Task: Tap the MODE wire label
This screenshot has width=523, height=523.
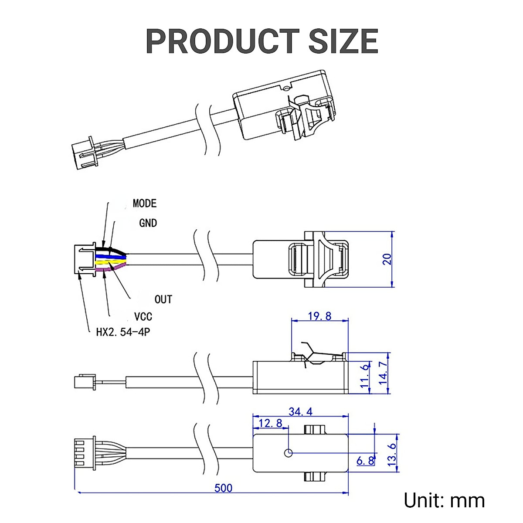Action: tap(144, 204)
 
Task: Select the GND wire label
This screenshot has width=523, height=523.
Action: tap(148, 223)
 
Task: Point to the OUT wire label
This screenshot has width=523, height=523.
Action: tap(163, 299)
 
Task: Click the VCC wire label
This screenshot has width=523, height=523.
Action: tap(143, 317)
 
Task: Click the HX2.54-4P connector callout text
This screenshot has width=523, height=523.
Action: tap(123, 332)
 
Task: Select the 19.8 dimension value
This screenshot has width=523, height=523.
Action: tap(319, 316)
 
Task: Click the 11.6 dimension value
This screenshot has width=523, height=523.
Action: tap(365, 376)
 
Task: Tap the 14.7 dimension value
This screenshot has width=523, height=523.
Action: tap(383, 373)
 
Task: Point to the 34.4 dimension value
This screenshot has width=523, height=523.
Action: tap(300, 411)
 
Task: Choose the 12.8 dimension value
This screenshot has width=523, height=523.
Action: tap(270, 423)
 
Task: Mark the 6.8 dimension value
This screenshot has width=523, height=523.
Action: tap(365, 461)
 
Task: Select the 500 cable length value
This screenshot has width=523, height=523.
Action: tap(223, 488)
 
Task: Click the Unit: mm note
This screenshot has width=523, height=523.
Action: tap(444, 500)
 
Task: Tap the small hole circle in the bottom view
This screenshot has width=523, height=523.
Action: tap(288, 453)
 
